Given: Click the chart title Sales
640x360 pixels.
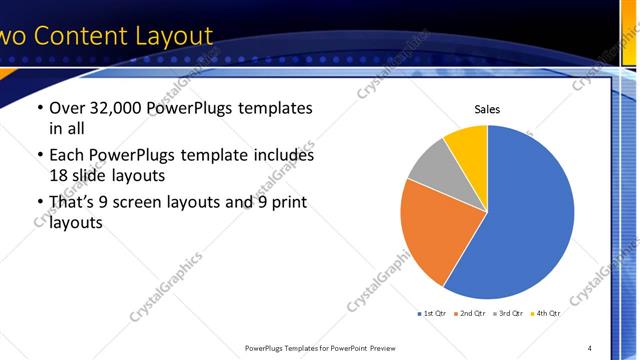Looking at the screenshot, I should (x=487, y=110).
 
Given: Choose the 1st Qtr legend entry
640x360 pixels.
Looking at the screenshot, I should (x=434, y=314).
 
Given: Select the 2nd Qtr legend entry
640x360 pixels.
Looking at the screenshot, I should (x=471, y=314).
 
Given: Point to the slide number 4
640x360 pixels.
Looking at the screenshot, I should (x=590, y=348).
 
